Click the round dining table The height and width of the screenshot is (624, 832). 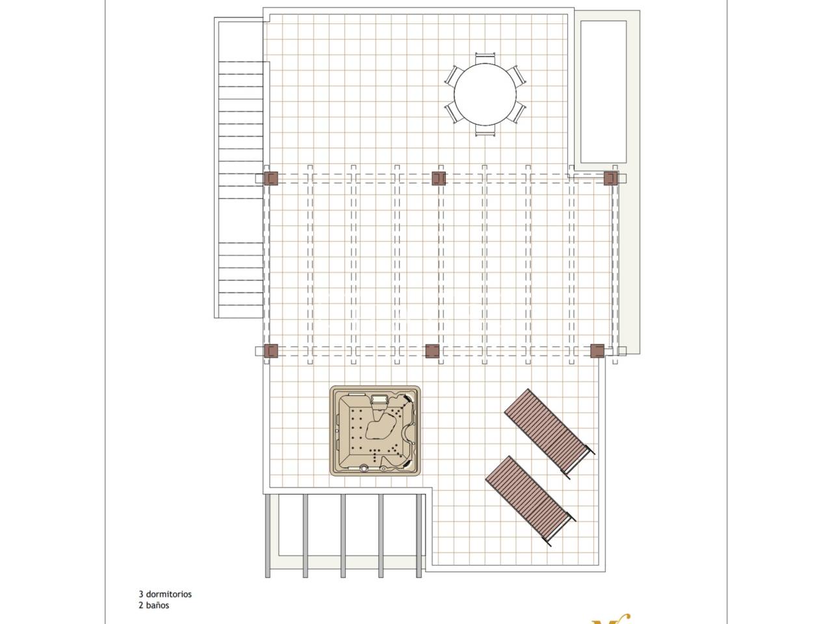point(485,94)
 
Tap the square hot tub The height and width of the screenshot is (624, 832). point(375,431)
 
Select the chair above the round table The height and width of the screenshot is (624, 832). point(485,58)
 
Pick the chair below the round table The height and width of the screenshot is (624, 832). point(485,130)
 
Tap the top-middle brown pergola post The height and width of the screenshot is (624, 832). point(439,178)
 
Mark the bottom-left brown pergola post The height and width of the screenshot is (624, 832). point(270,351)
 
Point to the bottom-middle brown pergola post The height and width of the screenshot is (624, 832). point(432,351)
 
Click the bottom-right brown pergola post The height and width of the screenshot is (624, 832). point(597,351)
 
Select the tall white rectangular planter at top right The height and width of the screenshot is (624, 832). point(603,92)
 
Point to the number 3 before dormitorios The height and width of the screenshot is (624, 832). point(140,594)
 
